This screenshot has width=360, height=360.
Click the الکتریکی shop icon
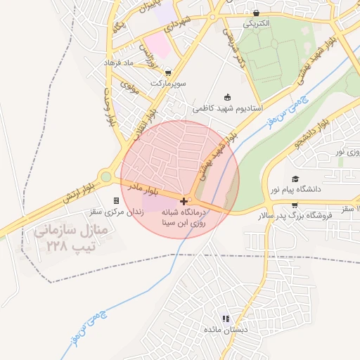point(257,13)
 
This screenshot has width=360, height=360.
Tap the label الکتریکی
point(257,23)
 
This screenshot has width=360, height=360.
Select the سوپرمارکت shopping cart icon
point(167,72)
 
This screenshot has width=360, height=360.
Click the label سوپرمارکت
point(167,82)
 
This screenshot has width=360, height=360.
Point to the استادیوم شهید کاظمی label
point(227,108)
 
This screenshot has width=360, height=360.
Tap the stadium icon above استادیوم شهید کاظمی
point(227,98)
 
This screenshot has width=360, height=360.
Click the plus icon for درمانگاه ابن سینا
point(184,201)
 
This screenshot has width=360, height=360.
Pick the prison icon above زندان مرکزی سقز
point(115,201)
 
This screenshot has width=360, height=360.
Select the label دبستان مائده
point(226,329)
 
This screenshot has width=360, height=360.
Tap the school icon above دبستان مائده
point(226,319)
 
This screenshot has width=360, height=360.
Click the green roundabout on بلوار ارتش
point(105,177)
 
